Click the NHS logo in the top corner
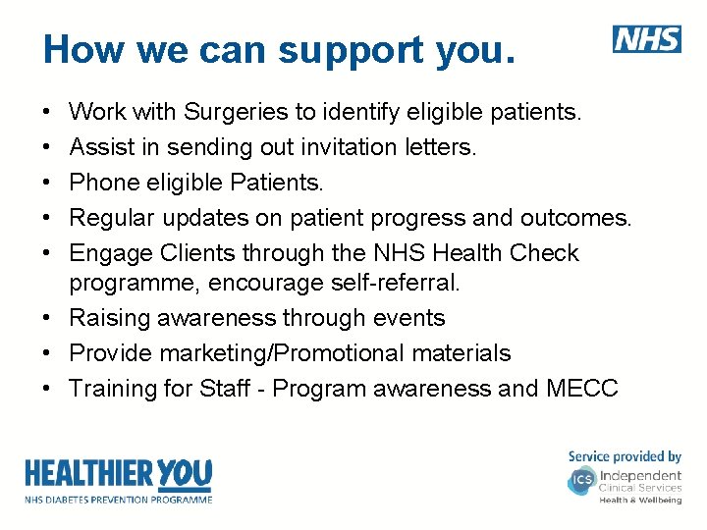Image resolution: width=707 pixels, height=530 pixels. (647, 39)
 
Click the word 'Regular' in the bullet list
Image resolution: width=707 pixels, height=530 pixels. (107, 218)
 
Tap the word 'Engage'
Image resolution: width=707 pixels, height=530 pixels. (107, 253)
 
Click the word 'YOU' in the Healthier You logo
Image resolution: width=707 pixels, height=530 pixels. (184, 474)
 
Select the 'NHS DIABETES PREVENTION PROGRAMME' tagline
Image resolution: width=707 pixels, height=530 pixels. (118, 499)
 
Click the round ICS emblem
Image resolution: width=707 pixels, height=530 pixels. (580, 481)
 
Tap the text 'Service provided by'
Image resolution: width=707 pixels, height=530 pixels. (625, 456)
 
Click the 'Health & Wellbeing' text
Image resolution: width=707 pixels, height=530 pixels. (640, 500)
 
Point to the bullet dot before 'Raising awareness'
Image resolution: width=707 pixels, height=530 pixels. (47, 319)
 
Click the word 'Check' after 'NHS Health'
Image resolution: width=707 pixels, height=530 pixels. (544, 253)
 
